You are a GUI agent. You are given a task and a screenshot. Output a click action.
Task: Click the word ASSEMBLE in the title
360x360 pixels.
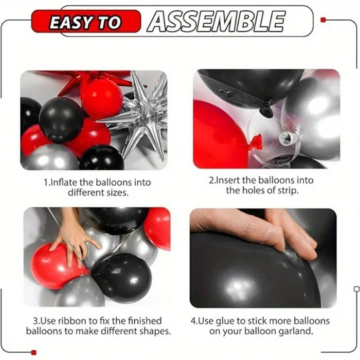216,22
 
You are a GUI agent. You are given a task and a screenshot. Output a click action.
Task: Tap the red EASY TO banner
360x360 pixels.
85,22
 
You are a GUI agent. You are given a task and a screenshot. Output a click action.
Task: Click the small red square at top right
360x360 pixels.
322,20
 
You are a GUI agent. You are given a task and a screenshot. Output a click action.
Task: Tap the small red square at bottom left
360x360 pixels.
34,352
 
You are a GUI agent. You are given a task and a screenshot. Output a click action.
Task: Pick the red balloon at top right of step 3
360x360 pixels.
158,226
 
